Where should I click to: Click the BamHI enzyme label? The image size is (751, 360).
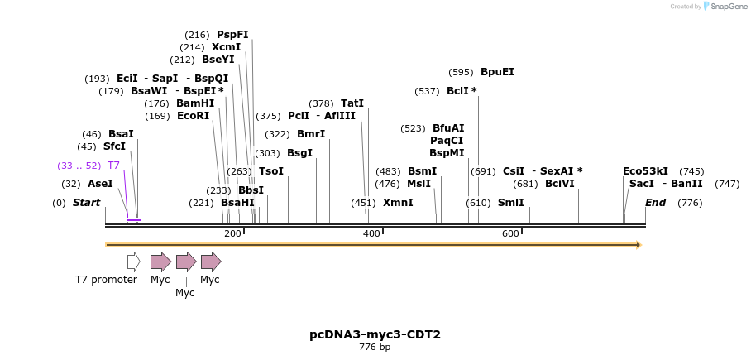tap(195, 103)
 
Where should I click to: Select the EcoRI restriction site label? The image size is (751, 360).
tap(193, 116)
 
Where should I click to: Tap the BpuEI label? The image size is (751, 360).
tap(497, 72)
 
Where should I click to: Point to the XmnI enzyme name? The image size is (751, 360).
tap(398, 203)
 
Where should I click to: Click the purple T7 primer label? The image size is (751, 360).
tap(113, 166)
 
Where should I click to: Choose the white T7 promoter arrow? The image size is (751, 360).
tap(133, 262)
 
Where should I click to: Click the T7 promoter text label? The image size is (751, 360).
tap(106, 280)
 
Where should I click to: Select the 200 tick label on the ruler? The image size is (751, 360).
tap(232, 234)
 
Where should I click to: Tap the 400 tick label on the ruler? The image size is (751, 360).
tap(371, 234)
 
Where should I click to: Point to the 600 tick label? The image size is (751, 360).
tap(510, 234)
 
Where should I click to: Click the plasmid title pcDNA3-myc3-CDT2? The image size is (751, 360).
tap(375, 334)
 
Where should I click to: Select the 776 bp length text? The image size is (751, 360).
tap(375, 348)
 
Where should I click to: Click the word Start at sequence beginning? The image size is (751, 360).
tap(86, 203)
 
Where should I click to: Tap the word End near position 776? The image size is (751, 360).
tap(655, 203)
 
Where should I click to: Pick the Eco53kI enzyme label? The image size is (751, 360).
tap(645, 171)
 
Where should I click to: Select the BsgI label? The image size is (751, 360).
tap(299, 153)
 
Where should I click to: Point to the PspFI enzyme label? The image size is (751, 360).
tap(232, 35)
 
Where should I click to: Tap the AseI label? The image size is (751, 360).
tap(100, 184)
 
